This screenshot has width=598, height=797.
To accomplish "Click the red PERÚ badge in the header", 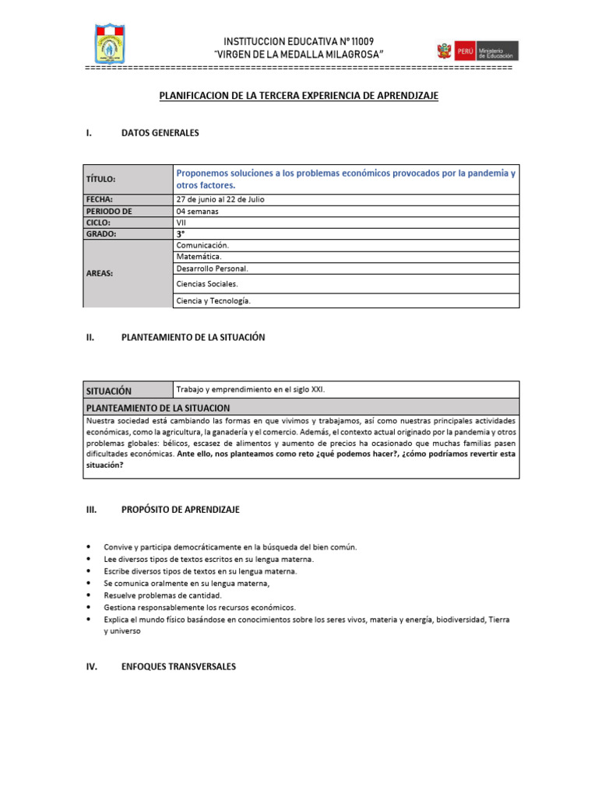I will coord(466,51).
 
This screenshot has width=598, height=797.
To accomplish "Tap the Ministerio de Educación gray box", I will coord(498,51).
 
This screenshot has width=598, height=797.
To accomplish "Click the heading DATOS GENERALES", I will coord(160,133).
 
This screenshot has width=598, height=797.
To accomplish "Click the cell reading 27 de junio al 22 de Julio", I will coord(220,199).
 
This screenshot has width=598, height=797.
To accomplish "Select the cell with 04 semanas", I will coord(198,211).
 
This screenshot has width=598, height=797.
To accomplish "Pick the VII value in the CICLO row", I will coord(182,222).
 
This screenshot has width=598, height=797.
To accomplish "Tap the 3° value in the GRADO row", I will coord(181,233).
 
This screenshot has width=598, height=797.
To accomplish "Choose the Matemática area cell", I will coord(199,256).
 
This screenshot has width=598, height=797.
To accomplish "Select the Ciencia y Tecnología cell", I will coord(214,300).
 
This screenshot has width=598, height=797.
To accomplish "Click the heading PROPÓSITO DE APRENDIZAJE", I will coord(181,510).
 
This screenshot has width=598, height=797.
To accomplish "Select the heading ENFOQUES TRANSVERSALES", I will coord(178,667).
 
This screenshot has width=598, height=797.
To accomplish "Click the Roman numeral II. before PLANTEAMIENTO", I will coord(90,338).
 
